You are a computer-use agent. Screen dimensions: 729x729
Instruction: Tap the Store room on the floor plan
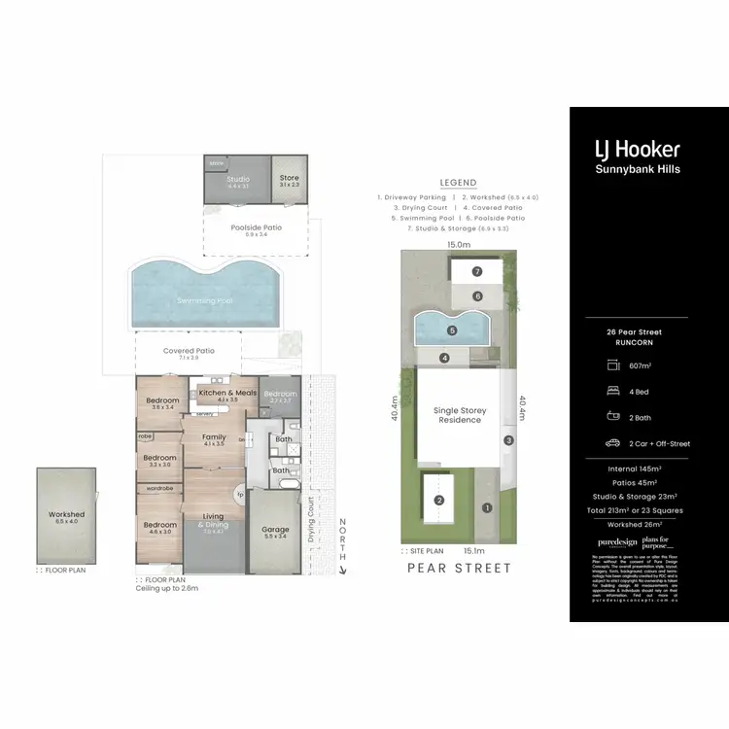[289, 178]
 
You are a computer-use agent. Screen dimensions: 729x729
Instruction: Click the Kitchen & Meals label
[228, 392]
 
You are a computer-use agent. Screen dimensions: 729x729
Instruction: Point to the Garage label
[276, 531]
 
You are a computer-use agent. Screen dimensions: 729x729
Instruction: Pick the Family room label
[214, 437]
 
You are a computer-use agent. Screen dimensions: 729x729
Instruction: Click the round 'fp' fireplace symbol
[240, 492]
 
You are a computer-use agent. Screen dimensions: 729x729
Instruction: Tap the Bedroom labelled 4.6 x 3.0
[160, 526]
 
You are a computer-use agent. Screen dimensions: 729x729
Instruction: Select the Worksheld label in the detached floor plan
[66, 514]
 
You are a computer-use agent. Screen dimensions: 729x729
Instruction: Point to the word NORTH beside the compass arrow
[341, 538]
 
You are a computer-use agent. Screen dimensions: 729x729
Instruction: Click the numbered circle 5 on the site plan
[452, 330]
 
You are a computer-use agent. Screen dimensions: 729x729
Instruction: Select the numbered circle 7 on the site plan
[477, 271]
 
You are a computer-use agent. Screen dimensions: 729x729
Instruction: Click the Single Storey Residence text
[460, 416]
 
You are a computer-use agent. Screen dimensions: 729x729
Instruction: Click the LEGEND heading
[458, 183]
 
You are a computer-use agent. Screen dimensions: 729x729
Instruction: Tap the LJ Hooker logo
[637, 149]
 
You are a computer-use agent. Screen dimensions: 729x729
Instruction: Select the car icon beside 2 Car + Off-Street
[612, 443]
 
